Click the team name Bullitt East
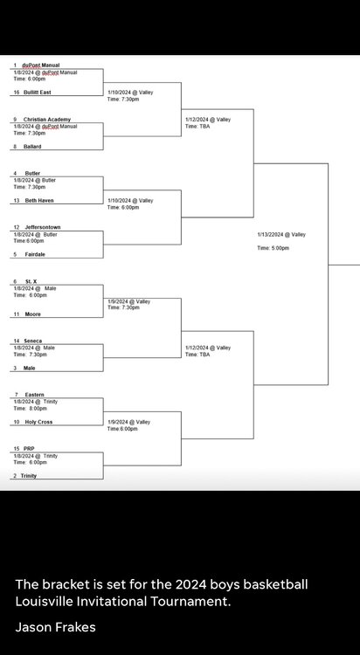click(x=38, y=93)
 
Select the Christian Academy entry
click(x=47, y=120)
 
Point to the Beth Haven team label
click(x=39, y=201)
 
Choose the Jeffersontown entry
click(x=43, y=227)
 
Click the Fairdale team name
click(x=35, y=254)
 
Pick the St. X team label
click(x=31, y=282)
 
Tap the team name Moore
click(x=32, y=314)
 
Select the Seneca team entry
click(x=32, y=341)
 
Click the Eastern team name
click(x=34, y=395)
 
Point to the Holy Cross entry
click(x=38, y=422)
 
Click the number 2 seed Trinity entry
click(x=29, y=476)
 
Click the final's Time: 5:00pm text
click(x=273, y=248)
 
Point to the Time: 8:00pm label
click(x=30, y=409)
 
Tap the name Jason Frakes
click(x=56, y=627)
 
